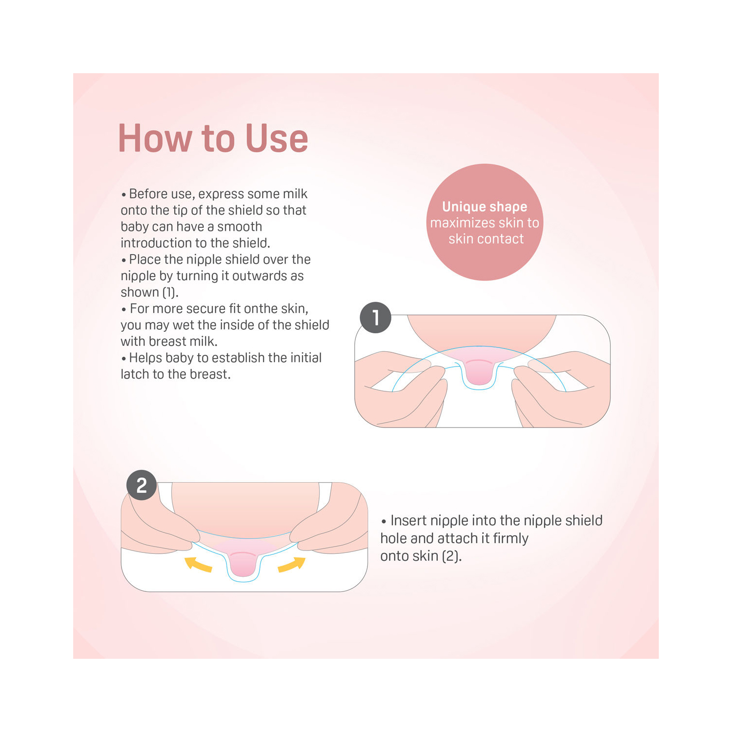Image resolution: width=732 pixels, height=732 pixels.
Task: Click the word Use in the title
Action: [x=277, y=138]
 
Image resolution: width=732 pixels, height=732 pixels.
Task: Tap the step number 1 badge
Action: [x=375, y=318]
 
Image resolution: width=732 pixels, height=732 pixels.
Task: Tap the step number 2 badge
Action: [x=142, y=485]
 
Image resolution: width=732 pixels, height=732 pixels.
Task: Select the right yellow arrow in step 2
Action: [x=292, y=564]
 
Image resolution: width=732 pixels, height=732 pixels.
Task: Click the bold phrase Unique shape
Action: [x=485, y=207]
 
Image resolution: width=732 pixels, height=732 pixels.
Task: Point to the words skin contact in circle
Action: [x=486, y=239]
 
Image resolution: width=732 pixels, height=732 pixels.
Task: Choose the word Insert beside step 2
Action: [x=408, y=520]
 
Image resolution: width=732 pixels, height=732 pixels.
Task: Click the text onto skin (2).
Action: [x=421, y=556]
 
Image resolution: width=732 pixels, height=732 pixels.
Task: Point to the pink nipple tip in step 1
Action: [x=479, y=371]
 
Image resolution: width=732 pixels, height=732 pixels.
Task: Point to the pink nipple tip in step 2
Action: [x=244, y=563]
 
